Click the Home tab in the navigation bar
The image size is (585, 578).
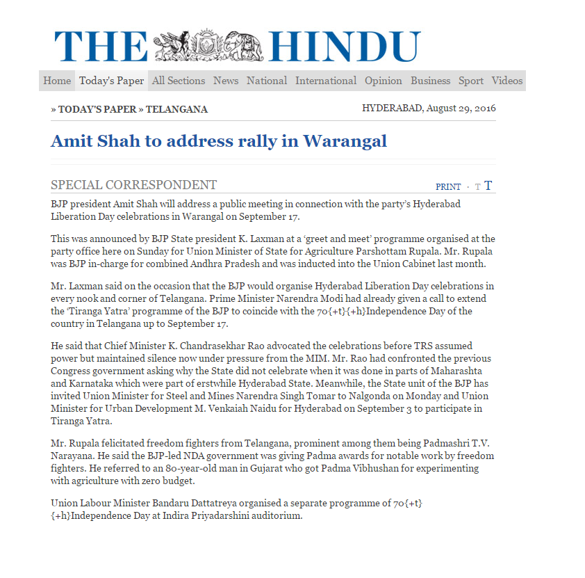click(57, 81)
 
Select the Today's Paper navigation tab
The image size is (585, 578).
click(111, 81)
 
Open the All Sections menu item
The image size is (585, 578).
click(179, 81)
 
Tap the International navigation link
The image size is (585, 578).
click(326, 81)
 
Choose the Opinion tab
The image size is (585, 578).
click(384, 81)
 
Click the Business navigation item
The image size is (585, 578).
click(430, 81)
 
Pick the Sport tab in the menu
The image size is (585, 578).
click(470, 81)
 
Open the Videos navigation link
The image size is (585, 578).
click(507, 81)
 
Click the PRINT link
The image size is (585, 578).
click(448, 186)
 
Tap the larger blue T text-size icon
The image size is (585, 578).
click(488, 186)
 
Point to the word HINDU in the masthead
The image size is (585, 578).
click(344, 47)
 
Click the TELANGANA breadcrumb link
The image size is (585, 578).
click(176, 109)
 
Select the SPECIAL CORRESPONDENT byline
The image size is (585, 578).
click(133, 185)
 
